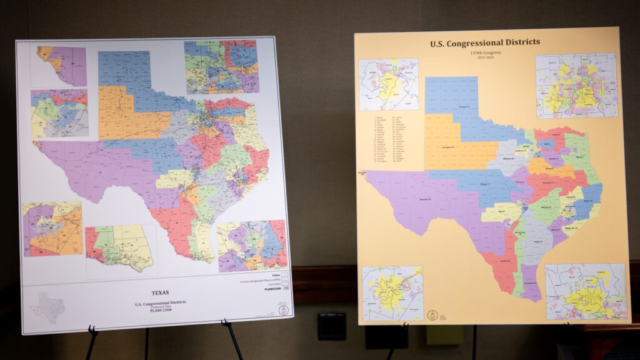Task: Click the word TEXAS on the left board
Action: point(161,292)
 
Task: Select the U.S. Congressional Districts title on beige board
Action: point(485,43)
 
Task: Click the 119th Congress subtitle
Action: point(485,55)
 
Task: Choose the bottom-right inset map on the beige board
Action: point(586,292)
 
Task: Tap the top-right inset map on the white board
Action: point(221,67)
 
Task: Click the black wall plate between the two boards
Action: point(331,326)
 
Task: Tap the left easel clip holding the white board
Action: point(91,330)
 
